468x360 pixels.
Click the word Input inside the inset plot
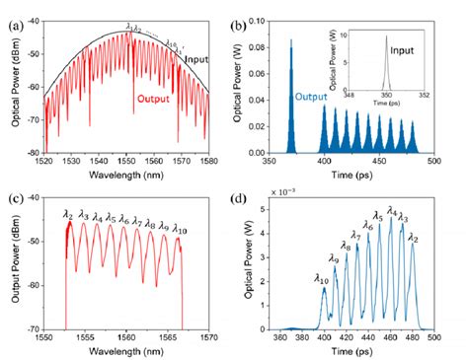(428, 47)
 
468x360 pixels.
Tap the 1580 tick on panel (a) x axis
(212, 162)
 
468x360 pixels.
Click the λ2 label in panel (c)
(67, 213)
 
